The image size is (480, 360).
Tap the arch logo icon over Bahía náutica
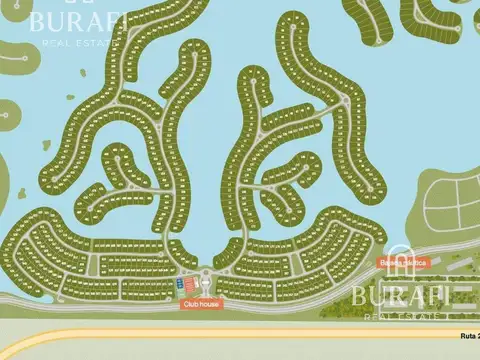(401, 257)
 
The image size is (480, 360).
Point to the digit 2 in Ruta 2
(477, 336)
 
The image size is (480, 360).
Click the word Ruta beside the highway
(466, 336)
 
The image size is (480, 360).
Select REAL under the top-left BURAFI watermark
(55, 43)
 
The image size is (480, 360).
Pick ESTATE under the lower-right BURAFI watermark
(420, 316)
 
